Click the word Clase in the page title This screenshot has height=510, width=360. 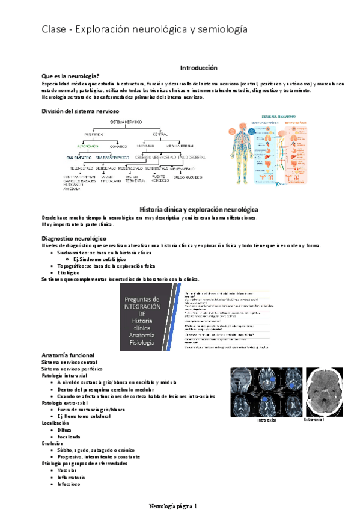click(x=53, y=29)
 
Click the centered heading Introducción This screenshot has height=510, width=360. click(x=199, y=68)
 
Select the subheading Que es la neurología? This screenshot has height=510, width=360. click(x=70, y=76)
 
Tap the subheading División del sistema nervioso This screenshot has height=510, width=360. click(x=80, y=111)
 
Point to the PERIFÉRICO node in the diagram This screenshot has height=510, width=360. click(x=94, y=134)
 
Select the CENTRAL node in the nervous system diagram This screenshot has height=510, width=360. click(x=160, y=134)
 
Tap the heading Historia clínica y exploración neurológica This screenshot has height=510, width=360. click(x=199, y=209)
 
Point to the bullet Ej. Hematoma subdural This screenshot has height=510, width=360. click(x=84, y=416)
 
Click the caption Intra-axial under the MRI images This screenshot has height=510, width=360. click(x=266, y=420)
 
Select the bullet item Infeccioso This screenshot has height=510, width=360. click(x=69, y=483)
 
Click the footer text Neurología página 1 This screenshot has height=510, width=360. click(x=177, y=506)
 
